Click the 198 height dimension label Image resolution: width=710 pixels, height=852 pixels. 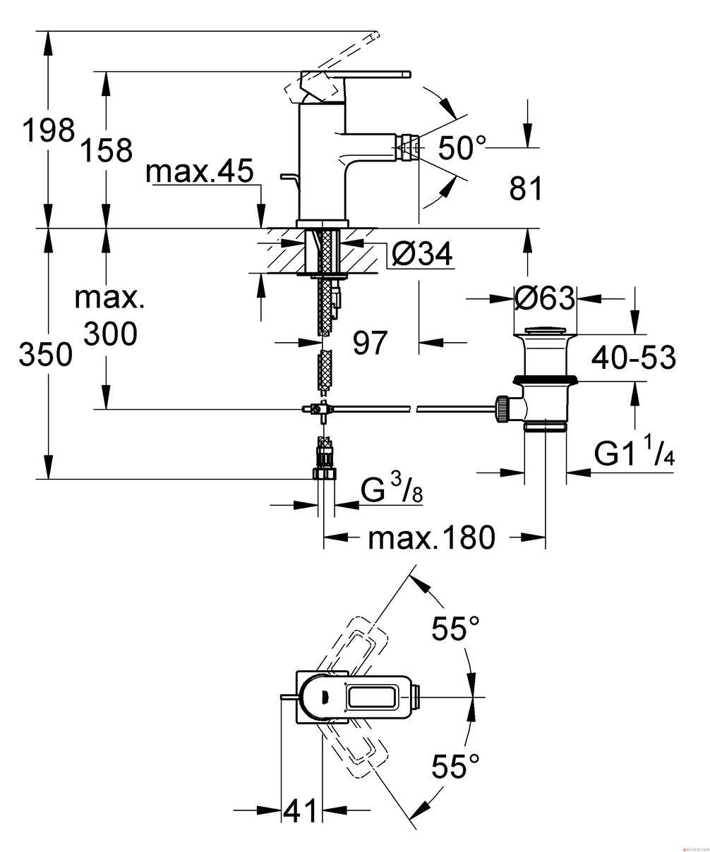click(x=49, y=130)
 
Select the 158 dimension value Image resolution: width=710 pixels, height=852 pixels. click(x=107, y=150)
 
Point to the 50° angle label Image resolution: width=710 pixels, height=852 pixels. click(x=462, y=147)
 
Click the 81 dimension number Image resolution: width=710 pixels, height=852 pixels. click(x=527, y=188)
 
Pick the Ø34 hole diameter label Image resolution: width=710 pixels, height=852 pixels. click(x=422, y=254)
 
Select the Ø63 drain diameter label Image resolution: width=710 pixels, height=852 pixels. click(x=545, y=298)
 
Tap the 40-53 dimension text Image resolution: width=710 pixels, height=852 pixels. click(x=634, y=358)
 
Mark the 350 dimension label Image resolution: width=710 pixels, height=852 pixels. click(x=46, y=354)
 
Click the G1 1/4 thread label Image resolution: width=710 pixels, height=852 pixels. click(x=634, y=453)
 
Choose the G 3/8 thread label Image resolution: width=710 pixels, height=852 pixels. click(x=392, y=489)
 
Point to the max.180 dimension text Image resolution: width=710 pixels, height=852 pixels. click(x=431, y=537)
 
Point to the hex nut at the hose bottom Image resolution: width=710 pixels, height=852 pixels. click(x=325, y=473)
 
